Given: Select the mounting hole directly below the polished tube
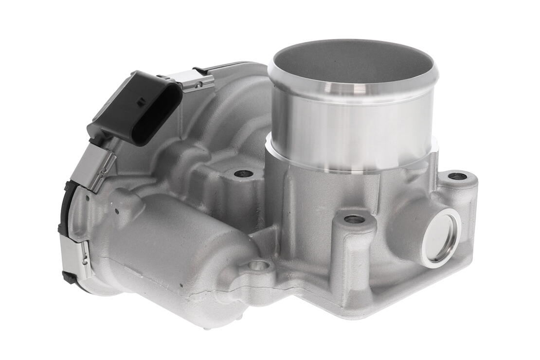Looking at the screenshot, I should (354, 219).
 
